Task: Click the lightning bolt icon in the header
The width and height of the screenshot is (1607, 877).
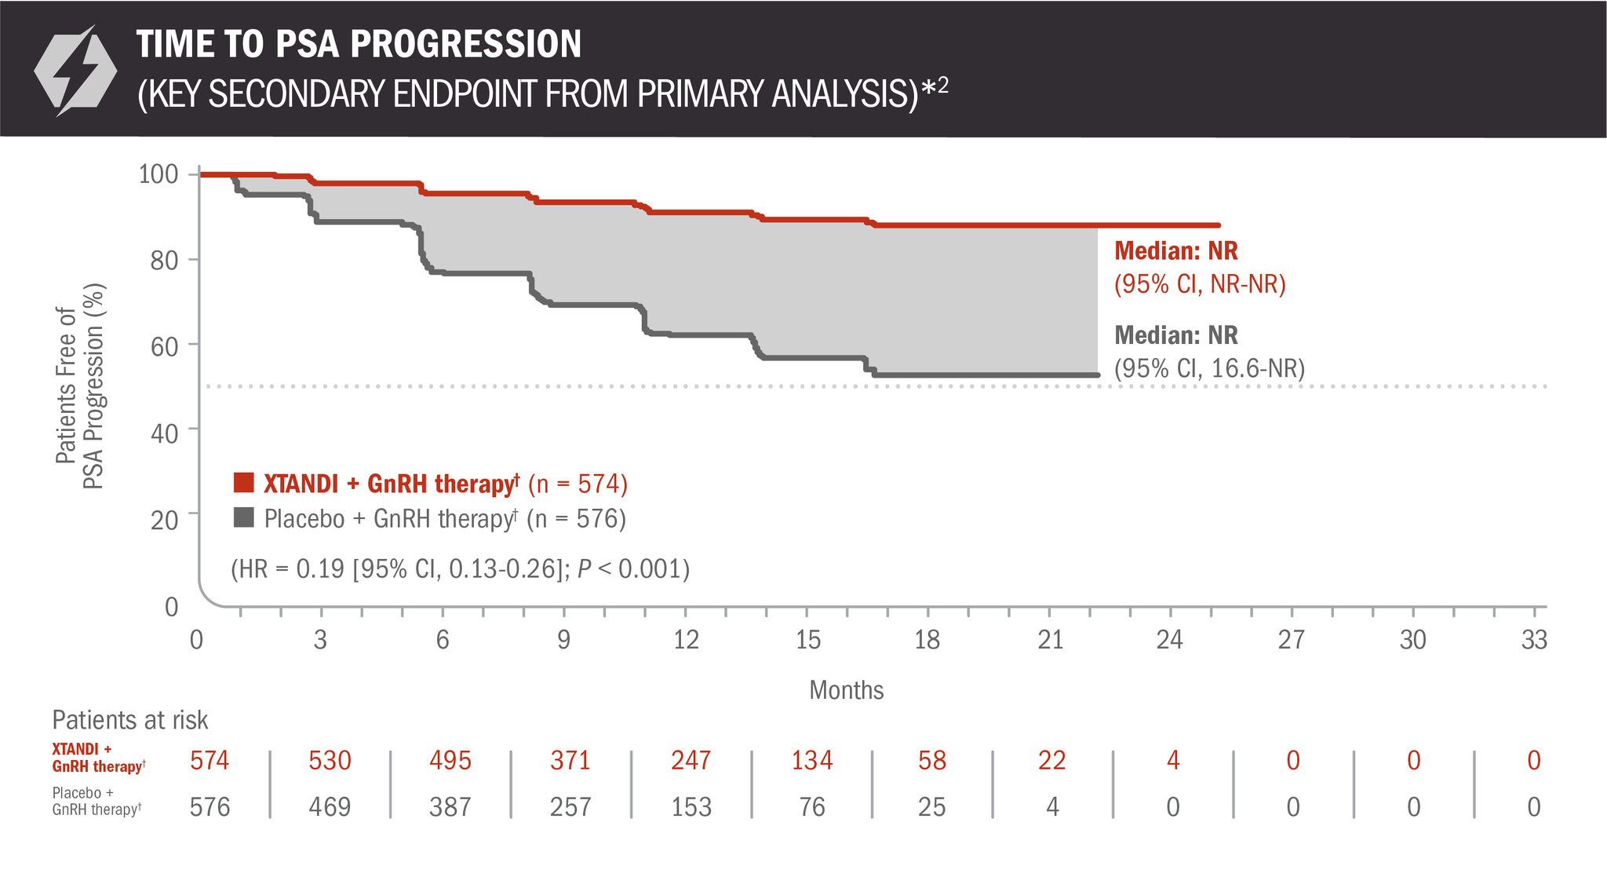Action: pyautogui.click(x=75, y=71)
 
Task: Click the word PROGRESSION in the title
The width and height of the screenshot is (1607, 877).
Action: pyautogui.click(x=467, y=44)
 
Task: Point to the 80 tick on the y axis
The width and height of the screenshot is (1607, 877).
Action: pyautogui.click(x=164, y=260)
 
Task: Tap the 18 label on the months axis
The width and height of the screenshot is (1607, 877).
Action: pyautogui.click(x=927, y=640)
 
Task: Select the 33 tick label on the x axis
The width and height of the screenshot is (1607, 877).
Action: pyautogui.click(x=1534, y=640)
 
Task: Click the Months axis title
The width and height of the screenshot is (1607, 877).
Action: pyautogui.click(x=846, y=690)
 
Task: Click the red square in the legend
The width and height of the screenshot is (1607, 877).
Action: pyautogui.click(x=244, y=482)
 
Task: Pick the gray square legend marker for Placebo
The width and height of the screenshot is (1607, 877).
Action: pyautogui.click(x=244, y=517)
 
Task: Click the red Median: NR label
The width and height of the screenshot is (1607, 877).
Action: pyautogui.click(x=1175, y=251)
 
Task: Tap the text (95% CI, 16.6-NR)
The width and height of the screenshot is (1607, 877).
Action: pyautogui.click(x=1209, y=368)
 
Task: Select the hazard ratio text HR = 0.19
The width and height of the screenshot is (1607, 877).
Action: pyautogui.click(x=460, y=568)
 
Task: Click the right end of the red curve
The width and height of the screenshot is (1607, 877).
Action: pyautogui.click(x=1217, y=225)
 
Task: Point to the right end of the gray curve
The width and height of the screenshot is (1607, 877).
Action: pyautogui.click(x=1097, y=375)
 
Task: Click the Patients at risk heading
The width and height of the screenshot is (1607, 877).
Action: pyautogui.click(x=130, y=720)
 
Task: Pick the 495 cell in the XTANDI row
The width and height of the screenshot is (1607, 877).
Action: pyautogui.click(x=450, y=760)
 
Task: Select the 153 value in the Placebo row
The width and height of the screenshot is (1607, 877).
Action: pyautogui.click(x=691, y=807)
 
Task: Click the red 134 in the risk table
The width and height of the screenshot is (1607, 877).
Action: pyautogui.click(x=811, y=760)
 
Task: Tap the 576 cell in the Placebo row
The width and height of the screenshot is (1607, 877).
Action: pyautogui.click(x=210, y=807)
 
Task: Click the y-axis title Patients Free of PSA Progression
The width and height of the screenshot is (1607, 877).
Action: pyautogui.click(x=79, y=386)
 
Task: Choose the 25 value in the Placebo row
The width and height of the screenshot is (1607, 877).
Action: pyautogui.click(x=931, y=807)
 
